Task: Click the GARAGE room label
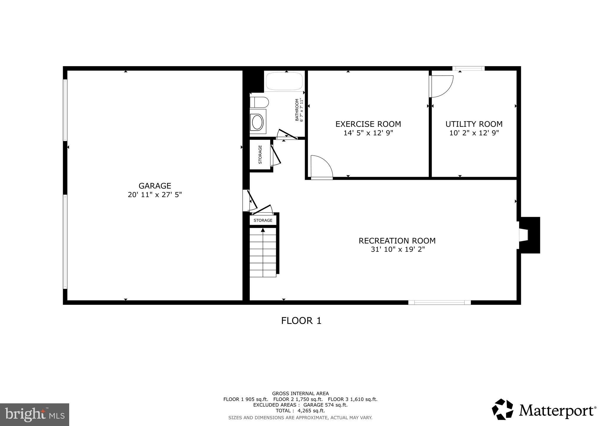point(155,186)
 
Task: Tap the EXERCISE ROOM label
point(368,124)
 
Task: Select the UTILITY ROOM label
point(474,124)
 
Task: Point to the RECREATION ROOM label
point(397,241)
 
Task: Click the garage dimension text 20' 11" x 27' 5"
point(155,195)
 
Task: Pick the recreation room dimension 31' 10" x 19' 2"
point(397,250)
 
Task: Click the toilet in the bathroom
point(259,102)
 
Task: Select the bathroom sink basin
point(257,122)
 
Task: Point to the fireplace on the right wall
point(529,235)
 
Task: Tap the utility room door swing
point(441,86)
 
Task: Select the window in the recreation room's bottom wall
point(439,302)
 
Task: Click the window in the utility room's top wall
point(468,69)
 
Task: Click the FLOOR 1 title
point(301,321)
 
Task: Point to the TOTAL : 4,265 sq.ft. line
point(300,411)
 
